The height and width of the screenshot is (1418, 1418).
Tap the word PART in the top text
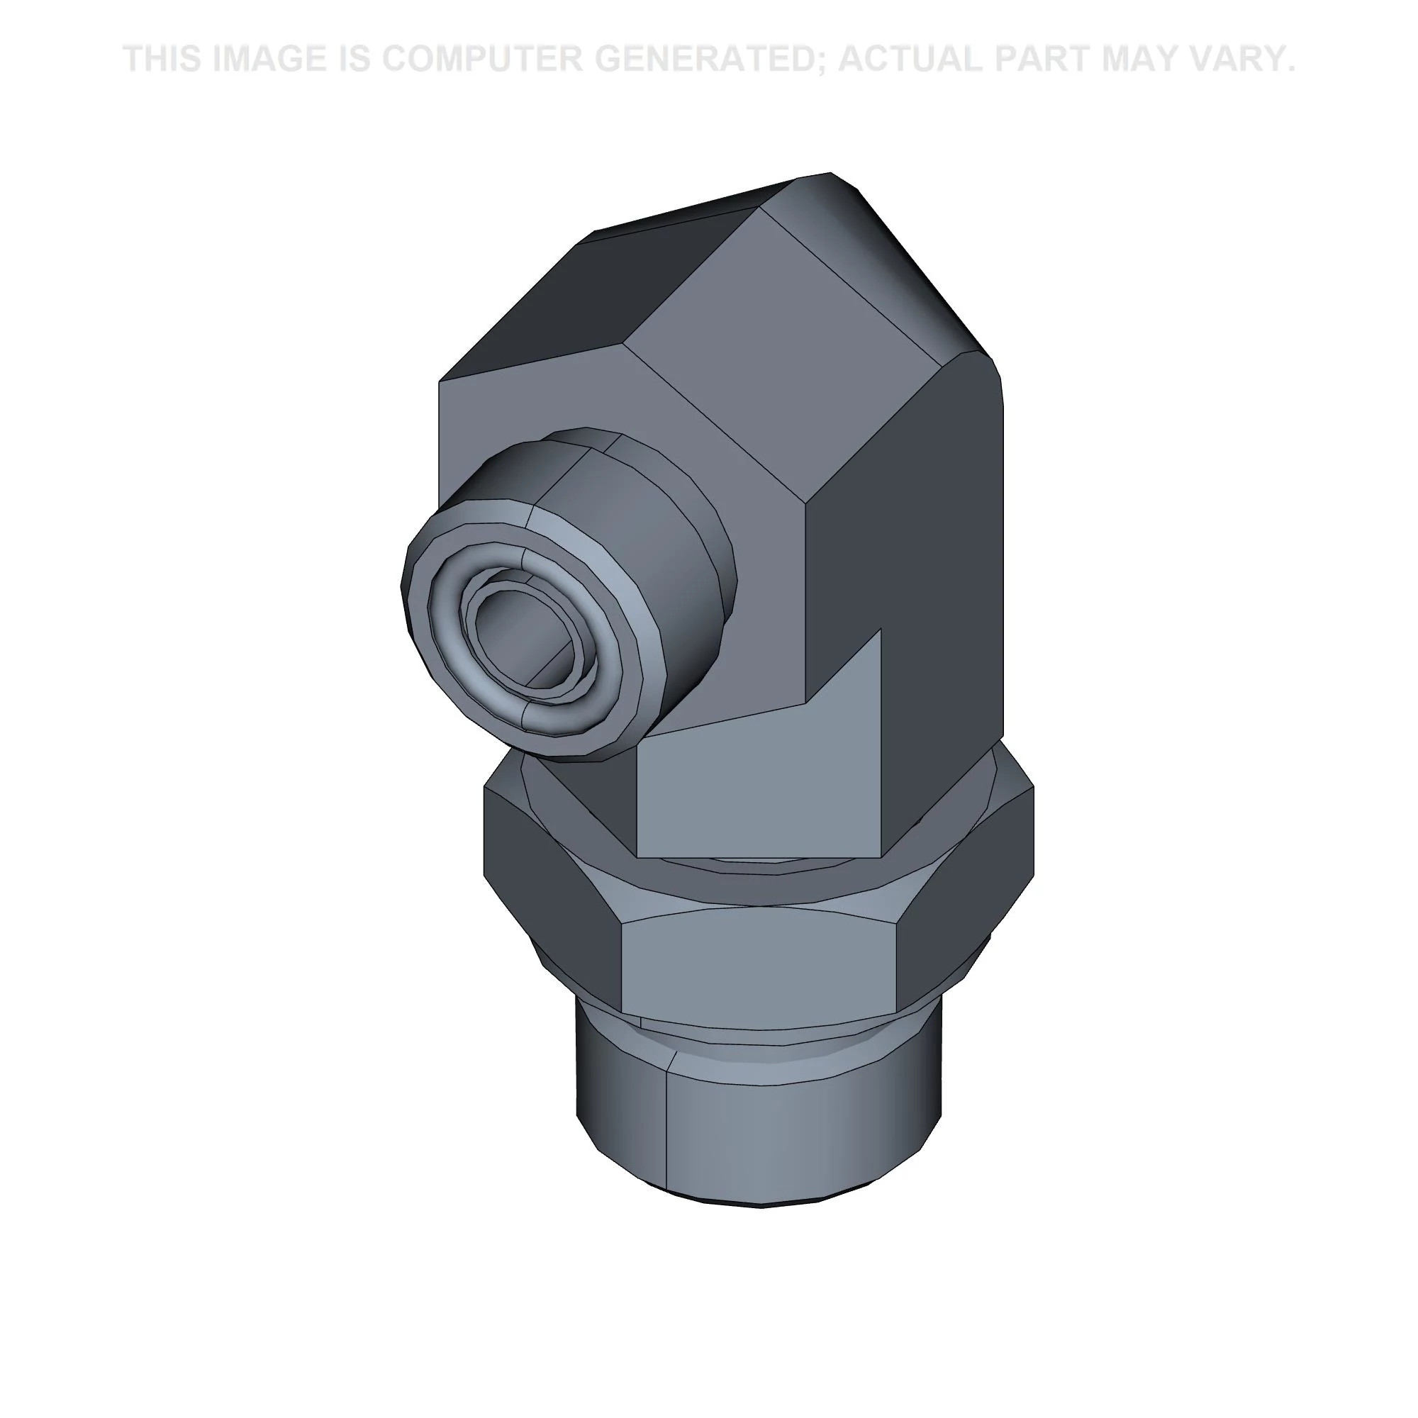coord(1050,59)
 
